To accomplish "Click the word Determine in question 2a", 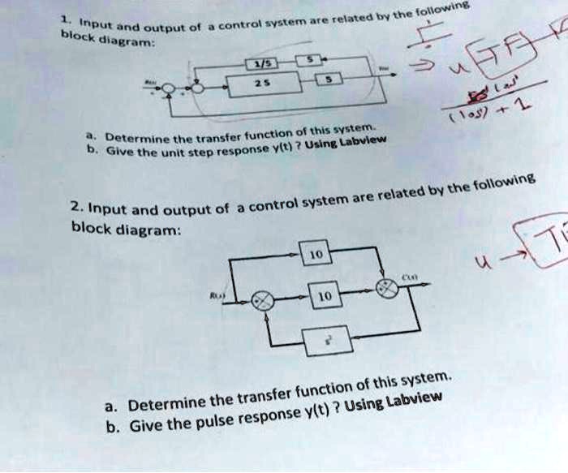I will coord(164,403).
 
